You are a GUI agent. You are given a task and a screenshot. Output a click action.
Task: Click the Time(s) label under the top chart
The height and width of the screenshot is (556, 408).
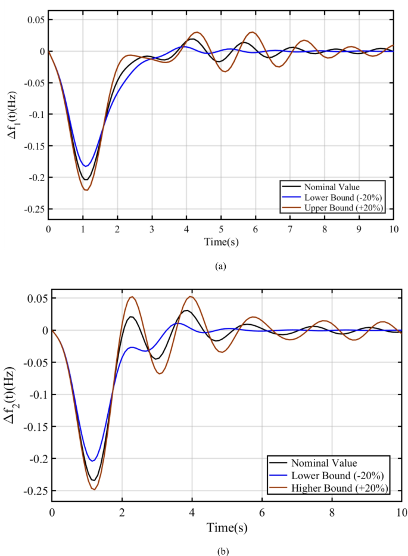pos(220,242)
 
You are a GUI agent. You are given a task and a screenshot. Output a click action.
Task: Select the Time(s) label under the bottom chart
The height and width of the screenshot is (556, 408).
pos(227,527)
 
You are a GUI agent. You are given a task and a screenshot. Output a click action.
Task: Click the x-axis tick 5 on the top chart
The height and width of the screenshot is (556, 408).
pos(220,229)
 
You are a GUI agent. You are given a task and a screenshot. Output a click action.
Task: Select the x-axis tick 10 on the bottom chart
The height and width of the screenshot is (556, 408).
pos(402,512)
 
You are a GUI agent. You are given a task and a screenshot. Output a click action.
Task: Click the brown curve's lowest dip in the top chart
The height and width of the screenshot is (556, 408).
pos(87,190)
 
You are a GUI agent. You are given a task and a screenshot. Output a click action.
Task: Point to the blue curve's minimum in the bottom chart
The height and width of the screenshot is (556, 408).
pos(92,461)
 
